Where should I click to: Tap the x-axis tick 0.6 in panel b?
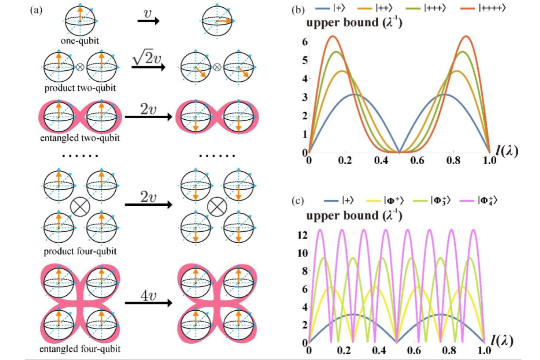coord(417,161)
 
